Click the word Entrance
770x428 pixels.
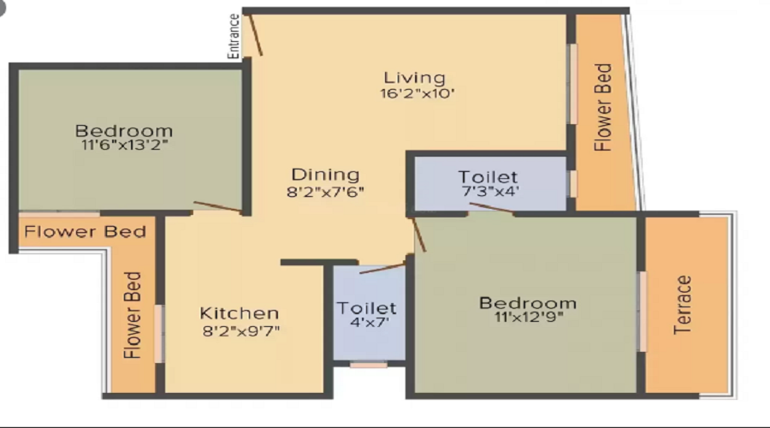click(234, 36)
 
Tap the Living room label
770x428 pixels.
click(414, 78)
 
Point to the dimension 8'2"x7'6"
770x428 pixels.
click(325, 192)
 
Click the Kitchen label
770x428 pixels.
click(240, 312)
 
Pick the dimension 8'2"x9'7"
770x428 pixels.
click(240, 330)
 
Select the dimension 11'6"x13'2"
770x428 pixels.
click(123, 146)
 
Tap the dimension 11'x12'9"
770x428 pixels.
click(527, 318)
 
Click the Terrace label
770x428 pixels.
click(682, 305)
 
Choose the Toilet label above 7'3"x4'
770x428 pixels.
click(488, 178)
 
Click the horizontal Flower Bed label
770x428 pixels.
click(85, 231)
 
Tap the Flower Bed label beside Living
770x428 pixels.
click(603, 107)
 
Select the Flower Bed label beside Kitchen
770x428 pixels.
click(132, 315)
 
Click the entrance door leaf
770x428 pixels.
click(256, 35)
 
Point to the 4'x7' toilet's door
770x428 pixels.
click(382, 269)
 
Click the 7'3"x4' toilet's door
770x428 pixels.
click(490, 208)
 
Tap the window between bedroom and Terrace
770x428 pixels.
click(643, 311)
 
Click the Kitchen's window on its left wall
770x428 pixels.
click(159, 333)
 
